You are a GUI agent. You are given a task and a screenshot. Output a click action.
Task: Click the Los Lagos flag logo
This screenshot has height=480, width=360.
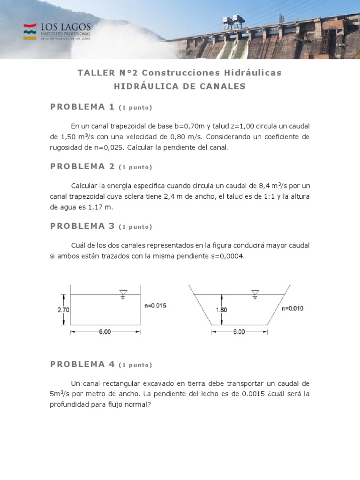[x=30, y=31]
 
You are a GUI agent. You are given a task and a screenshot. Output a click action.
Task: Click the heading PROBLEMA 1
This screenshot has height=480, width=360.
[x=82, y=107]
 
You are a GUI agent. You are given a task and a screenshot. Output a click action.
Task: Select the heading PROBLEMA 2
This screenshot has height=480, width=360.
[x=82, y=166]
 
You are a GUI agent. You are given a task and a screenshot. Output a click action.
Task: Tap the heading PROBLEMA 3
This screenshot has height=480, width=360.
[x=82, y=226]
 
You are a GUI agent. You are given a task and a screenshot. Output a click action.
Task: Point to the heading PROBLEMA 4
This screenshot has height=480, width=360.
[x=82, y=364]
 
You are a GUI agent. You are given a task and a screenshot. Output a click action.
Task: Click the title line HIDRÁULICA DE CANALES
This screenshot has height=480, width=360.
[x=180, y=86]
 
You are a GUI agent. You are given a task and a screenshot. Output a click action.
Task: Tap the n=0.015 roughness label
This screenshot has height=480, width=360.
[x=155, y=306]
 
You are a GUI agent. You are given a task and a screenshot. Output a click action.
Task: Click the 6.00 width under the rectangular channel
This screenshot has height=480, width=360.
[x=105, y=332]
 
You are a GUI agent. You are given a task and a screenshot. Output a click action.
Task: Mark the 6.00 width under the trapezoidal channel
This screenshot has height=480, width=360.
[x=239, y=332]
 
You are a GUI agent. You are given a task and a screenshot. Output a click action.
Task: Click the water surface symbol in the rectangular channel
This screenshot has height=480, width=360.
[x=123, y=294]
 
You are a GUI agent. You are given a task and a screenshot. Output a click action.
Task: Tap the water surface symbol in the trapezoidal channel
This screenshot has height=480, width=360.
[x=255, y=294]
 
